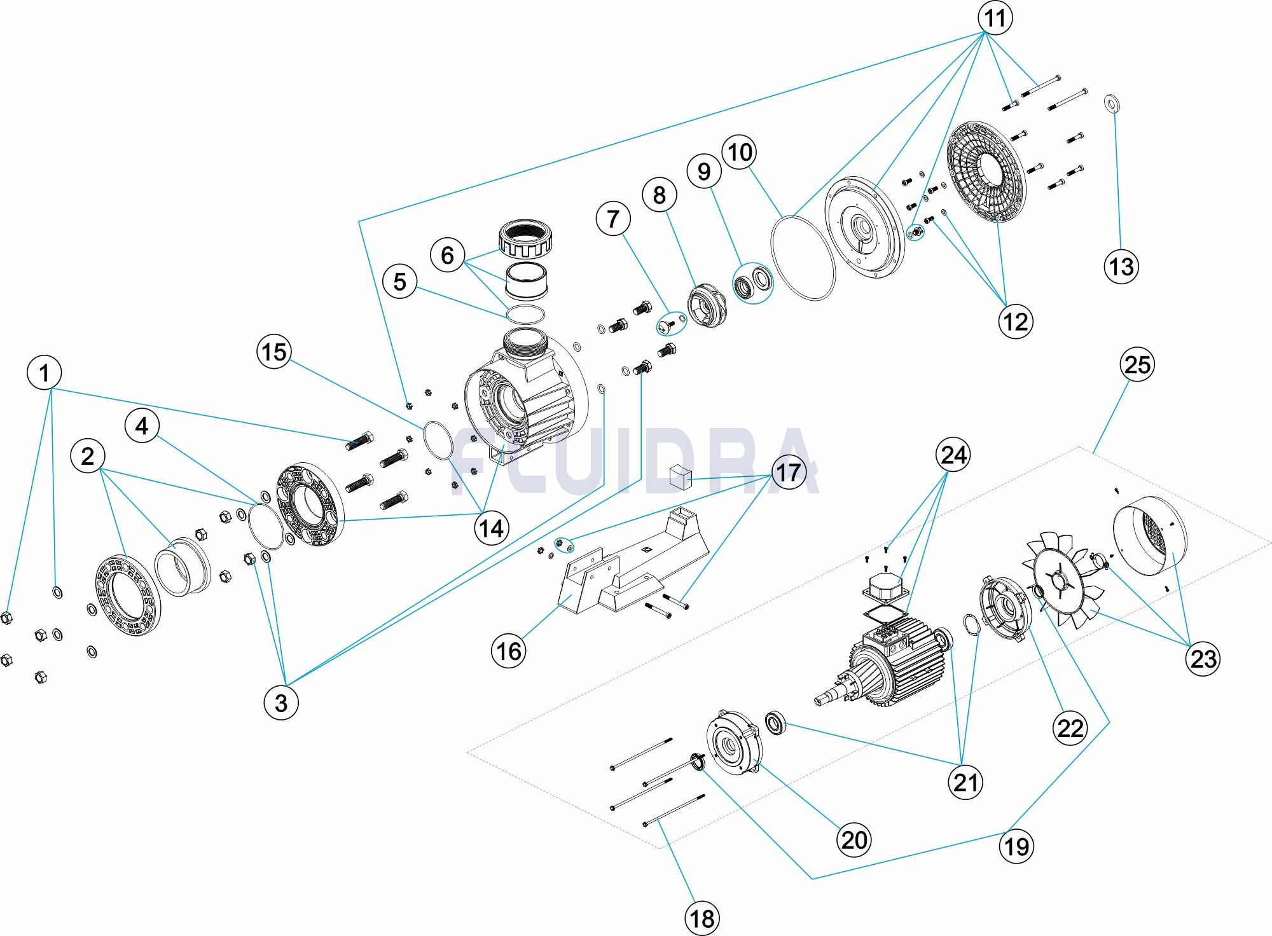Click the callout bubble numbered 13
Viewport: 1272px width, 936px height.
click(1121, 266)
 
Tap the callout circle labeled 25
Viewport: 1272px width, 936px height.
click(1137, 364)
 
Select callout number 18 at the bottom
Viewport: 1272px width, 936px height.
click(702, 918)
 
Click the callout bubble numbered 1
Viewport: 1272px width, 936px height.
click(45, 373)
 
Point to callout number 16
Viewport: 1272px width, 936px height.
click(509, 650)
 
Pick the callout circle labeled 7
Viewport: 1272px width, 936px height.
click(613, 219)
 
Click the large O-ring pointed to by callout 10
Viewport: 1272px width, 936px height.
click(802, 257)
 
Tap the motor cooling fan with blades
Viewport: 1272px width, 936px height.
click(1059, 588)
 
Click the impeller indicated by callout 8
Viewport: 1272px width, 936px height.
click(707, 307)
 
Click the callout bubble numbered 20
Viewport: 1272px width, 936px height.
click(854, 839)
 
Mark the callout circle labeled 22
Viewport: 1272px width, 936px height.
click(1070, 727)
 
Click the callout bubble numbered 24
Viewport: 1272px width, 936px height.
click(953, 455)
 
